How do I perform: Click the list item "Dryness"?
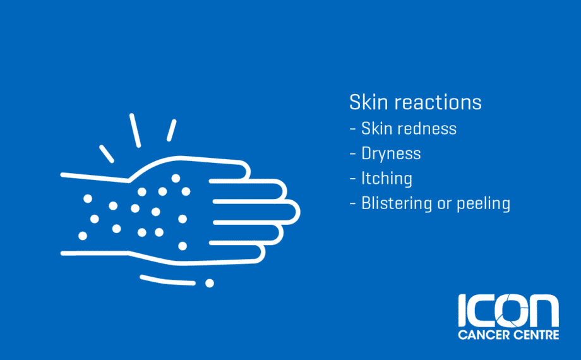point(391,154)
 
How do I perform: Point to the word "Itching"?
point(386,179)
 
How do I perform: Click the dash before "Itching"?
point(353,179)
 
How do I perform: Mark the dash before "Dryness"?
point(353,154)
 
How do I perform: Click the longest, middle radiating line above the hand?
point(135,130)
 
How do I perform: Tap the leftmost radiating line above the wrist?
point(106,153)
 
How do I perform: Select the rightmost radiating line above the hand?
point(171,130)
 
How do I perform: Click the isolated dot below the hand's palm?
point(210,283)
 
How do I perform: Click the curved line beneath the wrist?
point(167,280)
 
